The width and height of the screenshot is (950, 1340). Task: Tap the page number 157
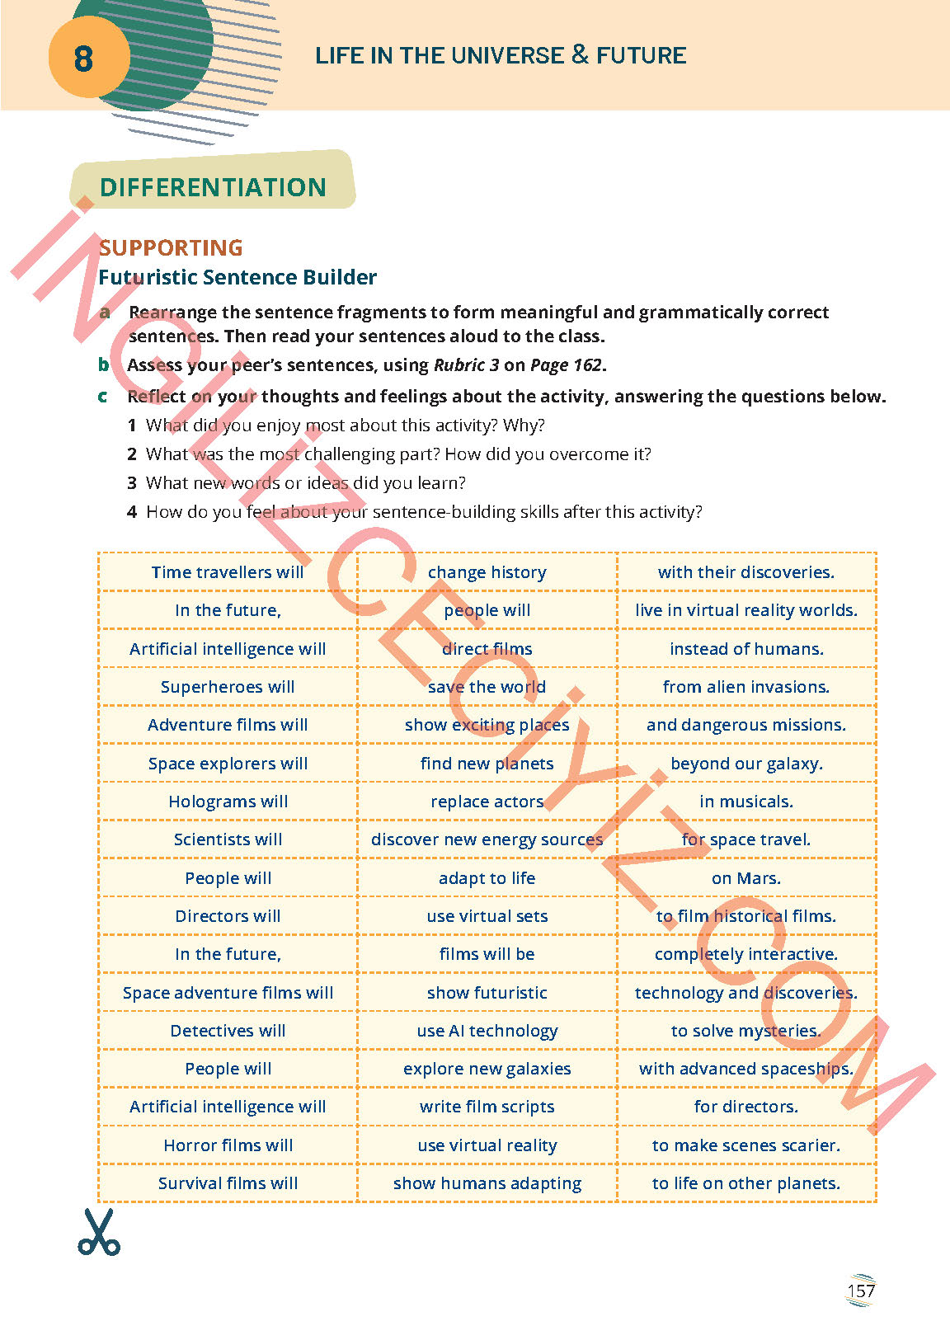[860, 1291]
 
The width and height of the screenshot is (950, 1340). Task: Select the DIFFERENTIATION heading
[213, 187]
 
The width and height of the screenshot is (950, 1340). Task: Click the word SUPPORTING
[171, 247]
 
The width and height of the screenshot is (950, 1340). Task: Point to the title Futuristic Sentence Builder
[237, 277]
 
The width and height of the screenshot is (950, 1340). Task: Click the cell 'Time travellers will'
[228, 572]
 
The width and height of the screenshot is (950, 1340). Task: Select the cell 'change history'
[487, 572]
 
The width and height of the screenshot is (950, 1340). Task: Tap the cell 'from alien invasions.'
[745, 687]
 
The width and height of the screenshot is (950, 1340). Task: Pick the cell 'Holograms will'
[228, 802]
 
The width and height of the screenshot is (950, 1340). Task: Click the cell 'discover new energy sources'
[487, 839]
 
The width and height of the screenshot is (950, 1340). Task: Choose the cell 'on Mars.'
[745, 878]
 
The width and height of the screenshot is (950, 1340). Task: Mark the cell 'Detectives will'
[228, 1031]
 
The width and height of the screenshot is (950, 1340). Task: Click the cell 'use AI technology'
[487, 1031]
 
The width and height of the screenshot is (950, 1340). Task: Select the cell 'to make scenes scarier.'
[745, 1145]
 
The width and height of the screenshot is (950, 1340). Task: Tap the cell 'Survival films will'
[228, 1183]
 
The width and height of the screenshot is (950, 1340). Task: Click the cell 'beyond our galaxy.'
[745, 764]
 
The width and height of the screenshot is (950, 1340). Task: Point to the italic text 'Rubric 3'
[466, 365]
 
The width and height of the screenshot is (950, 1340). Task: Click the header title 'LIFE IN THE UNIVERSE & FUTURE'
[501, 55]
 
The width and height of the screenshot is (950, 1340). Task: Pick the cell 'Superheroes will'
[228, 687]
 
